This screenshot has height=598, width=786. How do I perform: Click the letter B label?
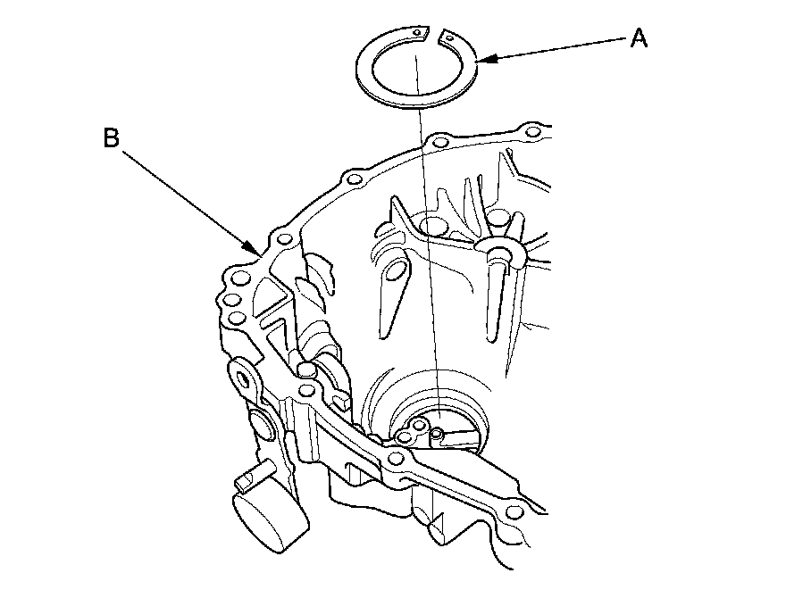tap(111, 138)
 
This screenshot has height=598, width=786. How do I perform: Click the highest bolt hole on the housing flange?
tap(534, 134)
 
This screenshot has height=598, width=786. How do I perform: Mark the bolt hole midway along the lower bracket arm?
tap(398, 460)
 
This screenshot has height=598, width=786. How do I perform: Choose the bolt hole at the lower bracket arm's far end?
tap(513, 511)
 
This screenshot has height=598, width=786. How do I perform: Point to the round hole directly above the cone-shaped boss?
tap(500, 217)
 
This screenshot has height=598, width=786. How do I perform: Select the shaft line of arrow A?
tap(554, 48)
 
